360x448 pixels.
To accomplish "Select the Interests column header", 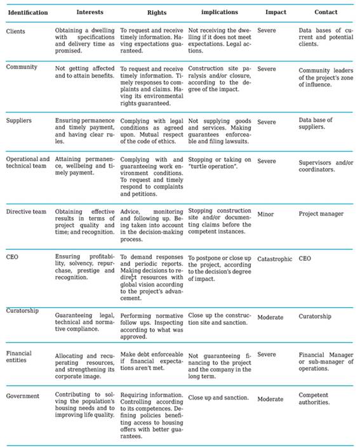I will tap(90, 13).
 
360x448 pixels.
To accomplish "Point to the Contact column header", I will tap(326, 13).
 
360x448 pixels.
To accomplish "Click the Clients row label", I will tap(17, 30).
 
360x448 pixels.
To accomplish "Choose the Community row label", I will tap(22, 67).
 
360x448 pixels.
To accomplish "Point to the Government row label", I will tap(24, 397).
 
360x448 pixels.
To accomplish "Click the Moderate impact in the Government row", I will tap(271, 399).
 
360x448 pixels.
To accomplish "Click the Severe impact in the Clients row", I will tap(267, 30).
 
